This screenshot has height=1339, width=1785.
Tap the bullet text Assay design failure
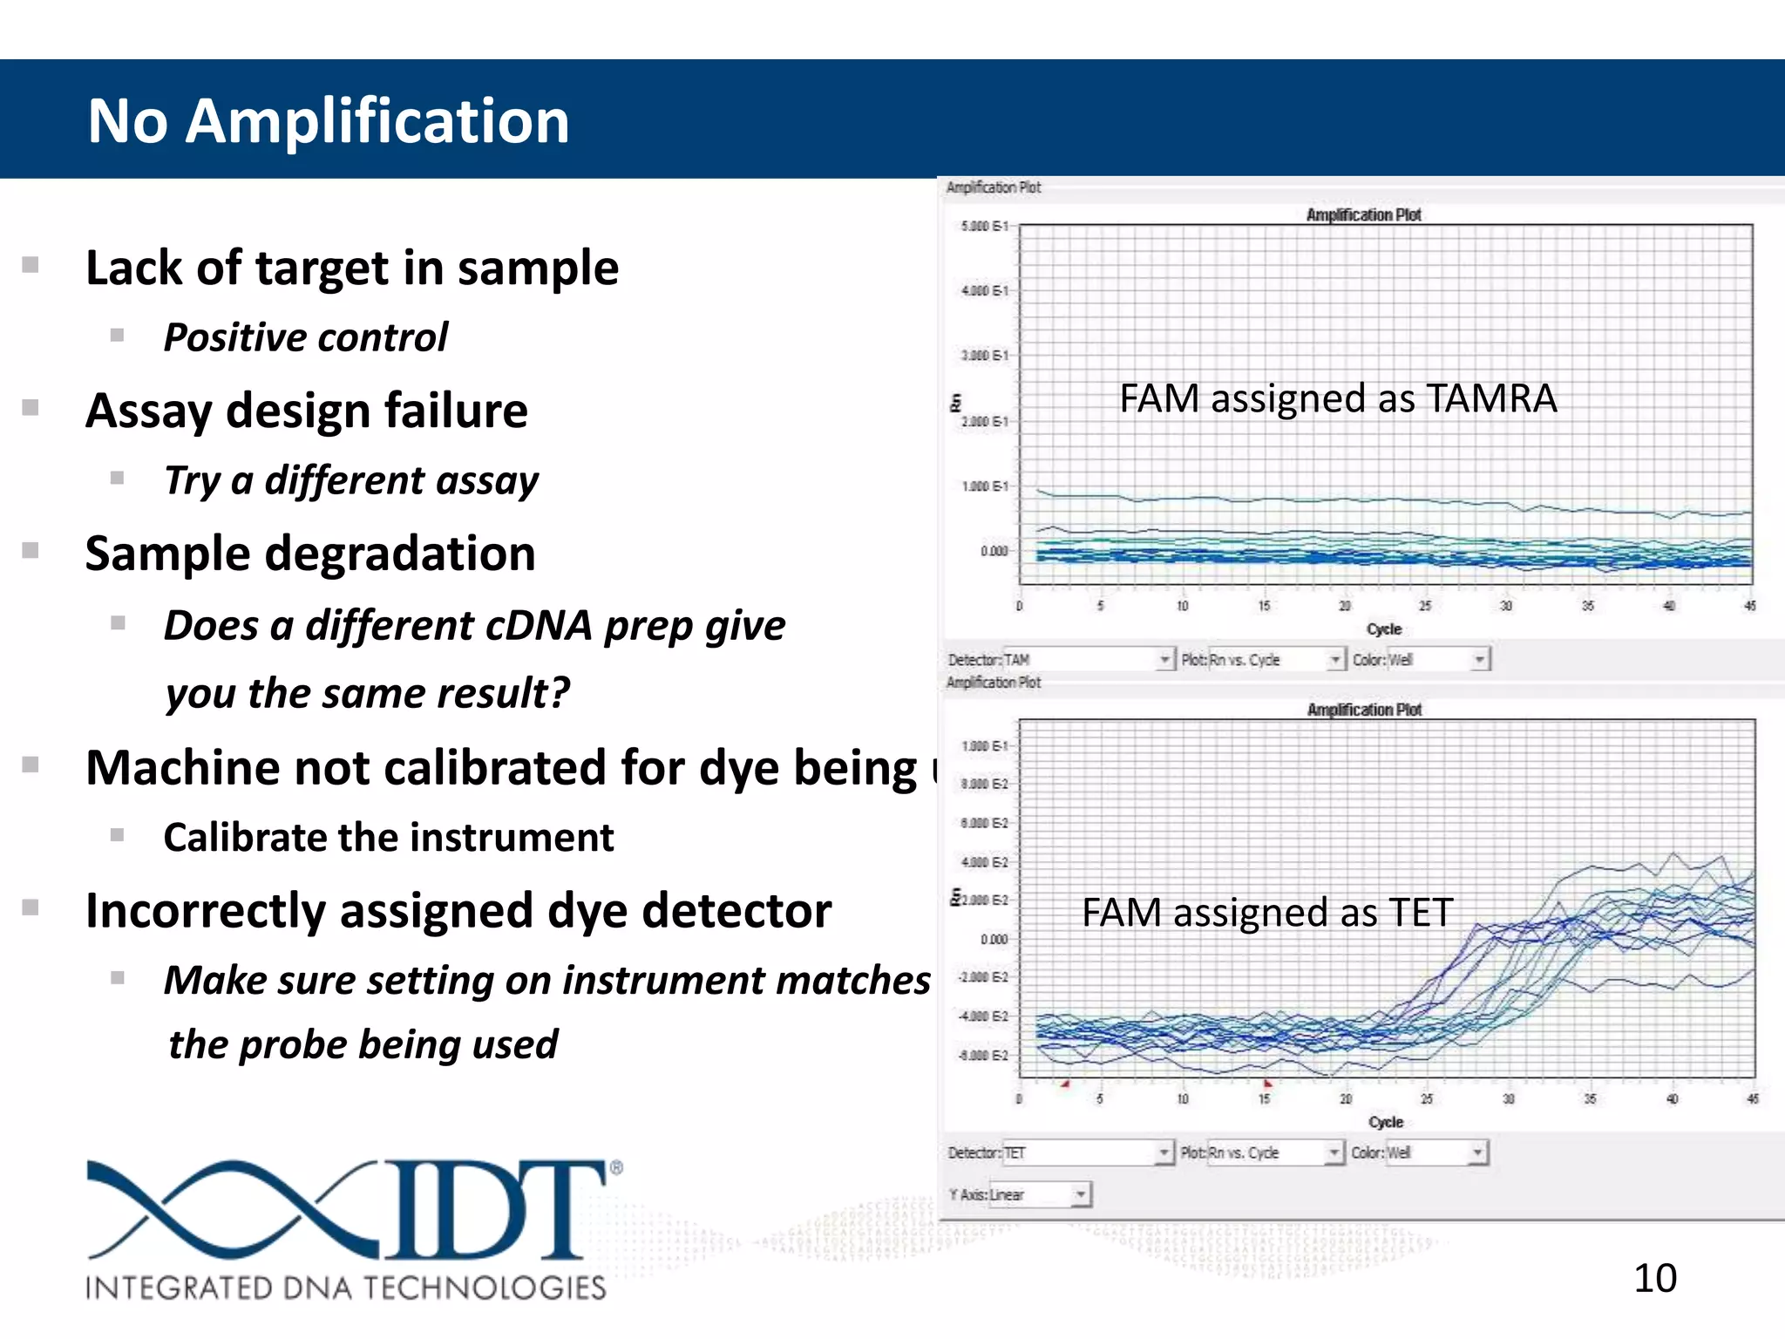point(306,411)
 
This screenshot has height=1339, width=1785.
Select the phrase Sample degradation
point(309,554)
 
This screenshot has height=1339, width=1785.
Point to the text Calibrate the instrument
point(388,838)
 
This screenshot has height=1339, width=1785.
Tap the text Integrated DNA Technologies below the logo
point(345,1288)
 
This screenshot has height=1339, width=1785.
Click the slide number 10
point(1654,1279)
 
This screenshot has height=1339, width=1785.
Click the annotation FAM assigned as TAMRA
point(1337,399)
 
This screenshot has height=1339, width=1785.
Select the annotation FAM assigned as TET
point(1266,913)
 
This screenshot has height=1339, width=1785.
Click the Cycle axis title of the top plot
point(1383,629)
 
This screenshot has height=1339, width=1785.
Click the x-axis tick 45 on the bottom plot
point(1752,1099)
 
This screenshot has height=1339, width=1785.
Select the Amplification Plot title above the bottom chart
point(1363,710)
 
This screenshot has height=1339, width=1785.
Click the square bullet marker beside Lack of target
point(31,265)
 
